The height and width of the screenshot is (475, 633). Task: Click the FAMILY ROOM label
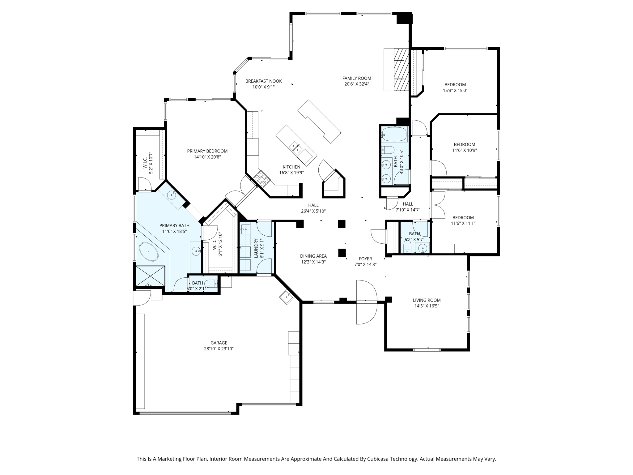pyautogui.click(x=357, y=78)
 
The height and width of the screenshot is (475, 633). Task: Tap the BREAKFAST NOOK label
pyautogui.click(x=264, y=81)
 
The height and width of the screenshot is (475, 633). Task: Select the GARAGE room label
pyautogui.click(x=219, y=343)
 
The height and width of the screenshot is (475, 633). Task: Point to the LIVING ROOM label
pyautogui.click(x=427, y=300)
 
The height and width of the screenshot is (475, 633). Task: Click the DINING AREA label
pyautogui.click(x=313, y=256)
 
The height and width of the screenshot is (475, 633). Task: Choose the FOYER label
pyautogui.click(x=365, y=259)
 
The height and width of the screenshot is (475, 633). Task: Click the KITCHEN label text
pyautogui.click(x=291, y=167)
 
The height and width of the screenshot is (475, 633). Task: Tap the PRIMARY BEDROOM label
pyautogui.click(x=207, y=151)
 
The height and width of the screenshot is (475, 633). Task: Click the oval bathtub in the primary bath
pyautogui.click(x=149, y=252)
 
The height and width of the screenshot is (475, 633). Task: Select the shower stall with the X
pyautogui.click(x=150, y=276)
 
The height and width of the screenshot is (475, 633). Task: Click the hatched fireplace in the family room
pyautogui.click(x=401, y=70)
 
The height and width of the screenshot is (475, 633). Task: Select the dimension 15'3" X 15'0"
pyautogui.click(x=455, y=91)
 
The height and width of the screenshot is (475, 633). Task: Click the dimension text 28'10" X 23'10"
pyautogui.click(x=219, y=349)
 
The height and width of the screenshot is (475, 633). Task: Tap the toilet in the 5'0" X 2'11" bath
pyautogui.click(x=212, y=283)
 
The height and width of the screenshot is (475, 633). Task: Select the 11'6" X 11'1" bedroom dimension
pyautogui.click(x=463, y=223)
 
